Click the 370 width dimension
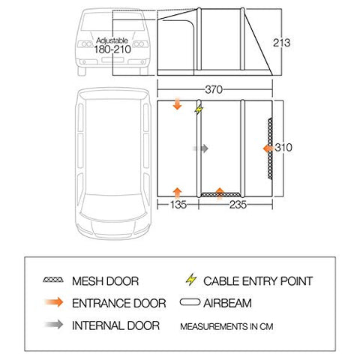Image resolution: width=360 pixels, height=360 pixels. (x=214, y=89)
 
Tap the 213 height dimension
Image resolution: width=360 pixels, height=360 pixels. (x=281, y=43)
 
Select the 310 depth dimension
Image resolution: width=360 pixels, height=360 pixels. (x=283, y=148)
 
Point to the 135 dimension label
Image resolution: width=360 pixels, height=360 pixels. (x=178, y=205)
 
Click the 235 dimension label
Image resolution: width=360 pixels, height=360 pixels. (x=238, y=205)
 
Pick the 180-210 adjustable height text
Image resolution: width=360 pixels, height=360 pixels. (x=112, y=49)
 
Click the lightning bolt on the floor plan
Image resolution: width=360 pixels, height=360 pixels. (x=199, y=109)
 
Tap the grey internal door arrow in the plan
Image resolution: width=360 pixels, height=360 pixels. (x=200, y=148)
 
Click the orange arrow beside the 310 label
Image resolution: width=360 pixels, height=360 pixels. (x=268, y=148)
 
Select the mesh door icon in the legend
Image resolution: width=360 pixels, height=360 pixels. (x=53, y=280)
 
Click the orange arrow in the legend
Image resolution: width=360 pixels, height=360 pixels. (x=54, y=302)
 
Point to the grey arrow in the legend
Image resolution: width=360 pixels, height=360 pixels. (x=54, y=325)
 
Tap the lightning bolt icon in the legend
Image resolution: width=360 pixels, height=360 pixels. (x=191, y=280)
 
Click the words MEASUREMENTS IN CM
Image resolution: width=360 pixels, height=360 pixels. (x=226, y=326)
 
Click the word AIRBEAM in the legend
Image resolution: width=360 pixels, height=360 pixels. (x=227, y=303)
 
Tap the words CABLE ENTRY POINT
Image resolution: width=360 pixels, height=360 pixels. (x=258, y=281)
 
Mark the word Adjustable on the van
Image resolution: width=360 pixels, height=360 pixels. (x=112, y=40)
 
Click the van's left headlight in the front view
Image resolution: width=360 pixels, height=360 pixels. (x=85, y=44)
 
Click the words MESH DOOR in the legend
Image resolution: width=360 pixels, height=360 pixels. (x=105, y=281)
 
